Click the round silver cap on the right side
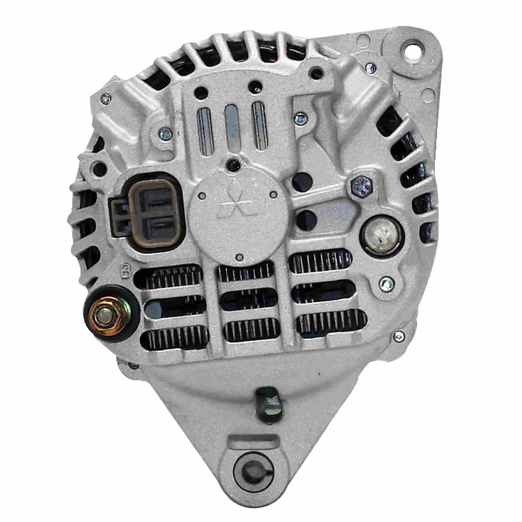tap(381, 236)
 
